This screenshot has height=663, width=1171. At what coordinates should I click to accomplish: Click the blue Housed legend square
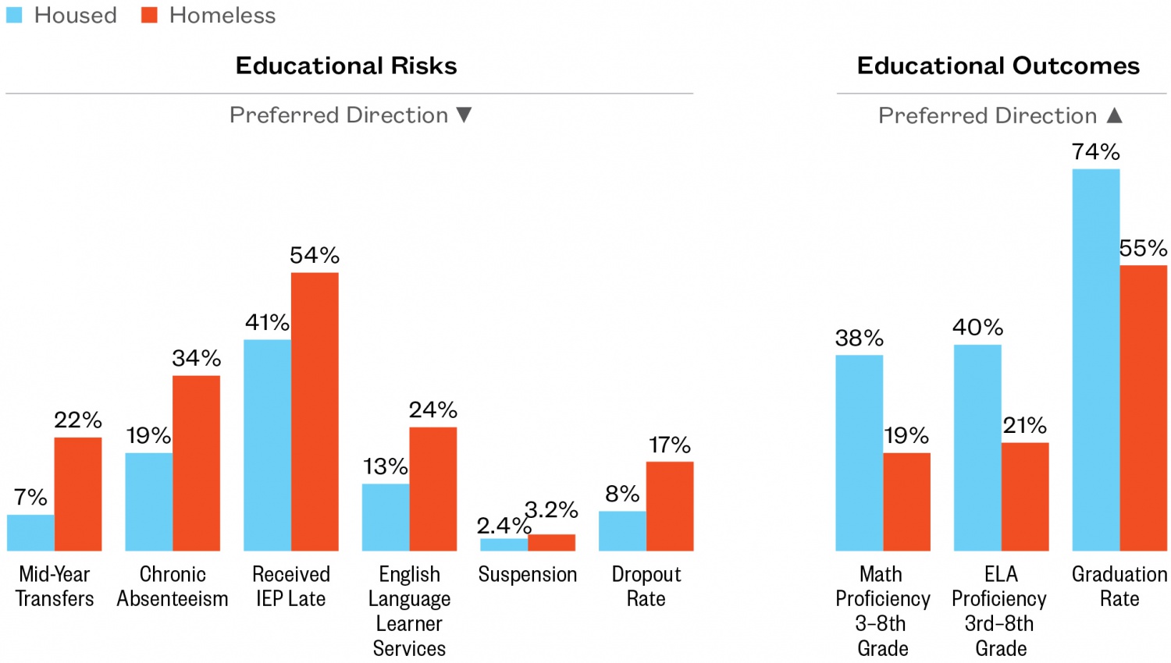[x=14, y=15]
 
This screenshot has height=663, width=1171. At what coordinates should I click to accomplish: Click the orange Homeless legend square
[x=149, y=15]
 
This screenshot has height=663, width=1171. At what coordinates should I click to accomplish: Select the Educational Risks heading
[x=346, y=66]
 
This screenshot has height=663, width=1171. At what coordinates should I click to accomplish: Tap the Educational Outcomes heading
[x=998, y=66]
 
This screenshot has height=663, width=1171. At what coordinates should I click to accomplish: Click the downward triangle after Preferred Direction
[x=464, y=115]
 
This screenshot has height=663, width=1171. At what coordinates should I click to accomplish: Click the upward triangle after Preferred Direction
[x=1115, y=115]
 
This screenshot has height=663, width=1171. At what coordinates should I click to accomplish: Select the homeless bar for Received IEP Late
[x=315, y=412]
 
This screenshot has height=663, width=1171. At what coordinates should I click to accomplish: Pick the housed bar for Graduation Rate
[x=1095, y=360]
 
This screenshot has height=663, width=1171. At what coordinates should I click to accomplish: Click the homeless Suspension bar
[x=551, y=543]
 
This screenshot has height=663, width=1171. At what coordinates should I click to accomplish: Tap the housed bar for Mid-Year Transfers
[x=30, y=533]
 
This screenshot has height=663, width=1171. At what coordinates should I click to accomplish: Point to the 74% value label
[x=1095, y=151]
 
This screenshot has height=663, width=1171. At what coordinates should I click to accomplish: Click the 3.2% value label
[x=551, y=510]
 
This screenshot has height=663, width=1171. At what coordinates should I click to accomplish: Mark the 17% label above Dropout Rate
[x=669, y=445]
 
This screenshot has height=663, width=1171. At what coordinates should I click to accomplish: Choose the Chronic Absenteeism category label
[x=173, y=587]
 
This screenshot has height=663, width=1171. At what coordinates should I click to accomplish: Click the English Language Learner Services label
[x=409, y=611]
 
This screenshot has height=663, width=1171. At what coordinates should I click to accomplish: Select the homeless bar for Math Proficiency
[x=906, y=502]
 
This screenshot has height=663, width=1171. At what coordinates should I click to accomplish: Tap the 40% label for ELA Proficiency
[x=977, y=328]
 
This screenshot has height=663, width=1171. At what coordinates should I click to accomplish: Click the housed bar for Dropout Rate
[x=622, y=531]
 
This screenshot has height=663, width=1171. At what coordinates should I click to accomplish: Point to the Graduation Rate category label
[x=1119, y=587]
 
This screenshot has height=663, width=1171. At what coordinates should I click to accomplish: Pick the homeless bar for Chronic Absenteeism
[x=196, y=463]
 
